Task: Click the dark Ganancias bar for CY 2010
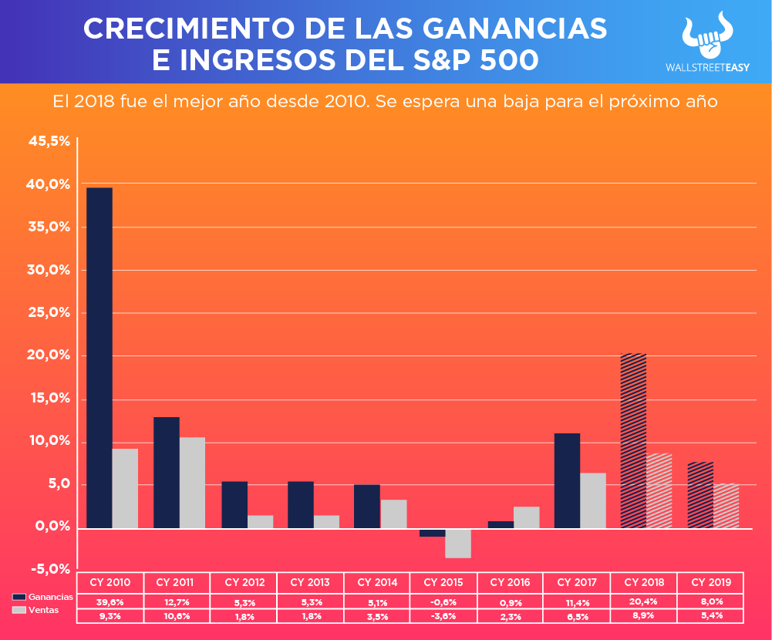pos(99,358)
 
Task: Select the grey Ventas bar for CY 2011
pos(193,483)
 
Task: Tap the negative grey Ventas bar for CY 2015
pos(458,543)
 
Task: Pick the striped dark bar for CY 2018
pos(633,440)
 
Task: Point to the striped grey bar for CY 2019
pos(726,506)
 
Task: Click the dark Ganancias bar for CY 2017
pos(567,480)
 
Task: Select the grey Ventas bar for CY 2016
pos(526,517)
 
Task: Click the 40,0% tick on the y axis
pos(49,184)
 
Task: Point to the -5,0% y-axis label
pos(49,569)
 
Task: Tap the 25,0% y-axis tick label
pos(49,313)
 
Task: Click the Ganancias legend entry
pos(43,597)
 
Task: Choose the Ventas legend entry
pos(35,610)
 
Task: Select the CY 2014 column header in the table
pos(377,582)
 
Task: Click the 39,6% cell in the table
pos(110,601)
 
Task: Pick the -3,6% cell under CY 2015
pos(444,616)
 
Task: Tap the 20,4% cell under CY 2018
pos(643,601)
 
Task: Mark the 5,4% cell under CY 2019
pos(710,616)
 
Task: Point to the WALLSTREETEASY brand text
pos(707,67)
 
